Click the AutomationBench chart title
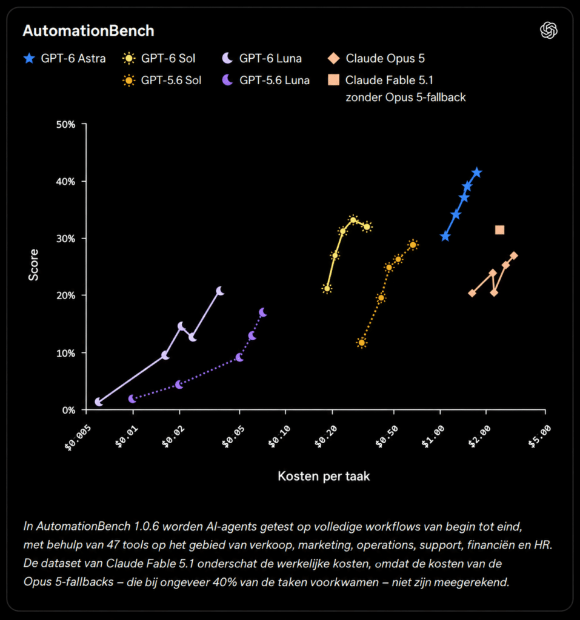(x=88, y=31)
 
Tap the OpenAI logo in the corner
(x=548, y=30)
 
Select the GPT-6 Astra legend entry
(x=64, y=59)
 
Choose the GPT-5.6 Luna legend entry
(x=266, y=81)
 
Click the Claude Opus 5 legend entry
(x=376, y=59)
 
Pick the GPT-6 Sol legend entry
(x=159, y=59)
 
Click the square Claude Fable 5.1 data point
(x=499, y=229)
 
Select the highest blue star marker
(x=477, y=173)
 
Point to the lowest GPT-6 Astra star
(x=445, y=237)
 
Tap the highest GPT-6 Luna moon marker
(x=220, y=291)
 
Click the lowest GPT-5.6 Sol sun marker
(x=361, y=343)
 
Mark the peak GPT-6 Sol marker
(x=353, y=220)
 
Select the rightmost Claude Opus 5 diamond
(x=514, y=256)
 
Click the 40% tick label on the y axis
(x=65, y=182)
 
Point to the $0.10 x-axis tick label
(x=279, y=437)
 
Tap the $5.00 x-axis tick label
(x=539, y=437)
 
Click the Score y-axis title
(x=34, y=265)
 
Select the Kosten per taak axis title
(x=324, y=476)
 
